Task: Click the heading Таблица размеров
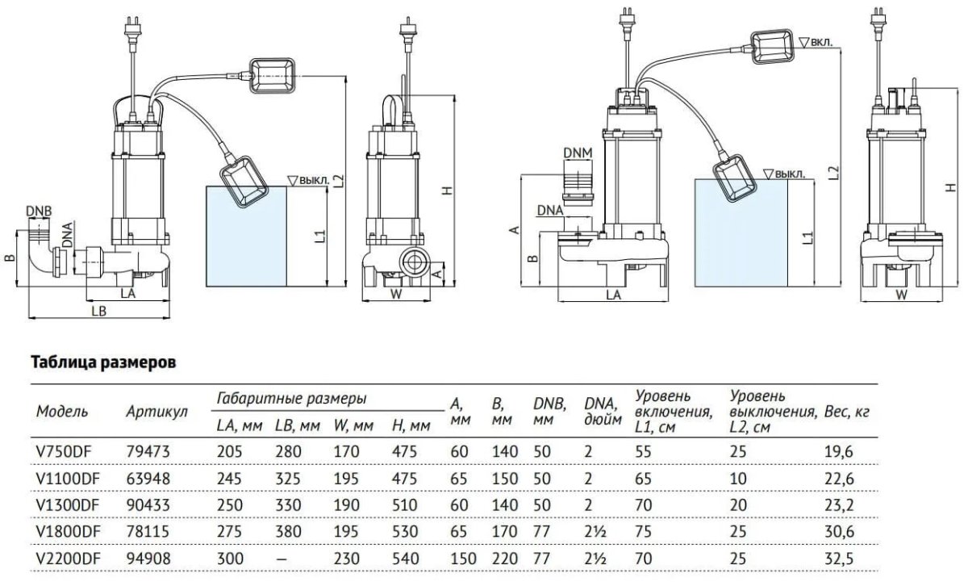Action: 102,362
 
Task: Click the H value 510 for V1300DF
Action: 403,505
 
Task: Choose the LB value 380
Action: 286,531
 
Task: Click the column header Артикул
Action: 156,412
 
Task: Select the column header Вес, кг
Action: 847,412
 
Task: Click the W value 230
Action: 346,557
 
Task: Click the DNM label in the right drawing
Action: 576,153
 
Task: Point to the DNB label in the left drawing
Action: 38,211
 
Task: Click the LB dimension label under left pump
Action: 99,311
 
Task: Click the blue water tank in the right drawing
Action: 740,233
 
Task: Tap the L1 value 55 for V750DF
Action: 644,452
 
